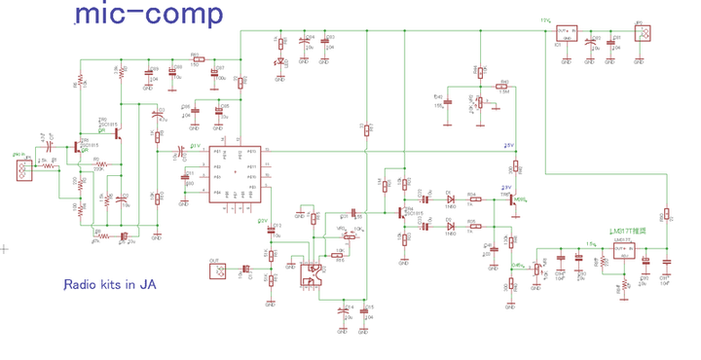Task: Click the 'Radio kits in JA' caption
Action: tap(110, 285)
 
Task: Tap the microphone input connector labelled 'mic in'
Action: tap(18, 171)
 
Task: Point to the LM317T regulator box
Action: tap(621, 252)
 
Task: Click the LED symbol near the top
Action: tap(279, 63)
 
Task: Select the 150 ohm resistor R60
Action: tap(195, 60)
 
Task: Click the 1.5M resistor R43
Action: tap(501, 88)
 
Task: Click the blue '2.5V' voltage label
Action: tap(508, 146)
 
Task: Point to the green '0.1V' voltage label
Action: tap(194, 146)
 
